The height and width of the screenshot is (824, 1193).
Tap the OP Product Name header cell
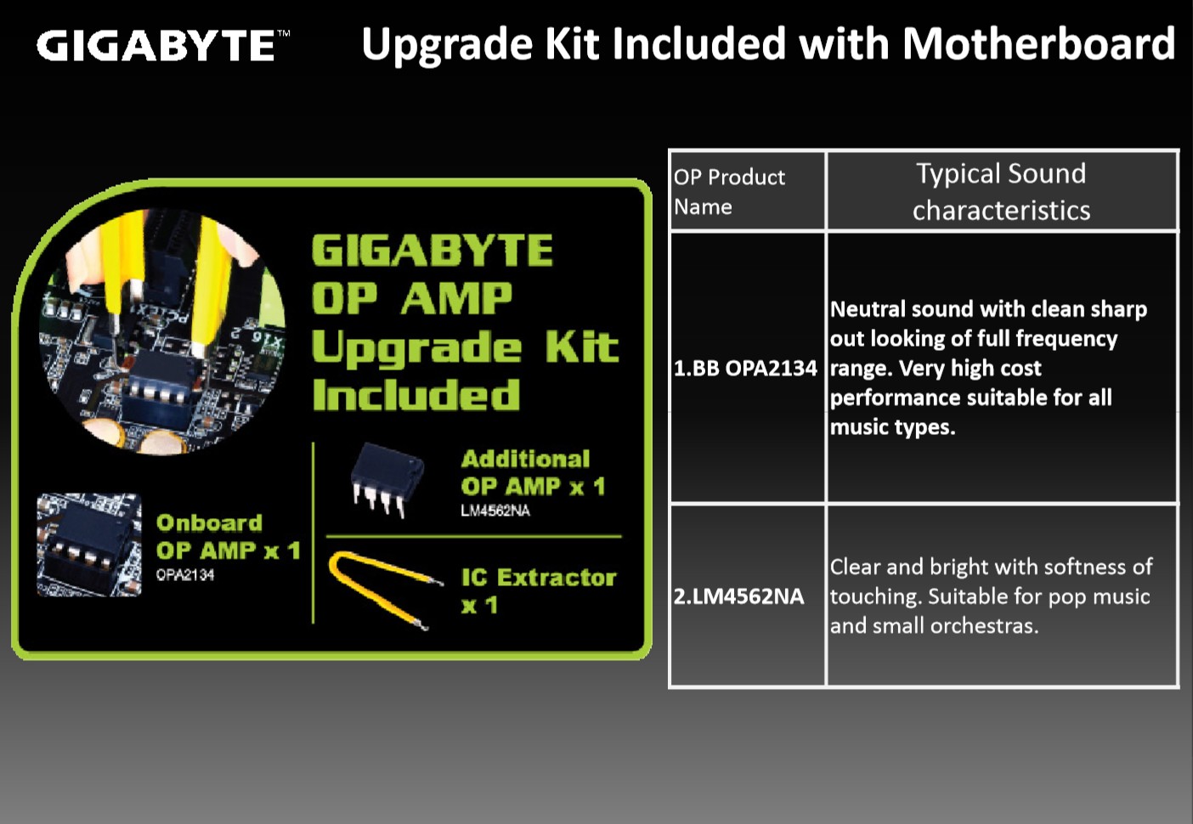[x=747, y=191]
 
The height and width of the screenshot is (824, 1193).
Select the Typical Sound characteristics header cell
[x=1001, y=191]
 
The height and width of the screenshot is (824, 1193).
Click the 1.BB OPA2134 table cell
[x=747, y=368]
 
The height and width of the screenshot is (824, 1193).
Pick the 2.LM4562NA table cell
[x=747, y=595]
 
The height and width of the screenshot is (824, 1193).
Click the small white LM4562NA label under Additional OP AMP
[x=495, y=511]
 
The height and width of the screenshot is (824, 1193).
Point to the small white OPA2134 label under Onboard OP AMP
[x=184, y=575]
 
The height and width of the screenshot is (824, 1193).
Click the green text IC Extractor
[x=539, y=578]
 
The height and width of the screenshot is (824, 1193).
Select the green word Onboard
[x=209, y=522]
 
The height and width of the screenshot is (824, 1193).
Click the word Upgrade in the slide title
[x=447, y=45]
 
